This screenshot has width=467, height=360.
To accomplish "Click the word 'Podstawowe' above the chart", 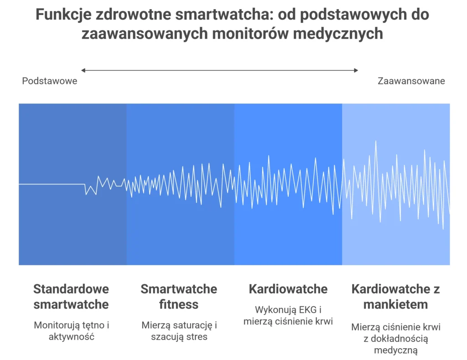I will pyautogui.click(x=50, y=81).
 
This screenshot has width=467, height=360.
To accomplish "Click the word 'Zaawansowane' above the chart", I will pyautogui.click(x=411, y=81).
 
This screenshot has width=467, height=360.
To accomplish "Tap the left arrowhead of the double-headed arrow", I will pyautogui.click(x=83, y=70).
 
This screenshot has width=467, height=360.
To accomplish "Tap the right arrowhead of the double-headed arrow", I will pyautogui.click(x=356, y=70).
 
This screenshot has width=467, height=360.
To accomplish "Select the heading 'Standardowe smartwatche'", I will pyautogui.click(x=71, y=296).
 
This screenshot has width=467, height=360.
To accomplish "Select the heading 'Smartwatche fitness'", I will pyautogui.click(x=179, y=296).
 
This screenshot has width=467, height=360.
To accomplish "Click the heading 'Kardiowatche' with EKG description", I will pyautogui.click(x=288, y=289).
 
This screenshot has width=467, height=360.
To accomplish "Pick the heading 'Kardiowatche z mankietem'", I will pyautogui.click(x=395, y=296).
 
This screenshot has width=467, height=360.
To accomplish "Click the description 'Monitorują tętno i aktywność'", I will pyautogui.click(x=71, y=331).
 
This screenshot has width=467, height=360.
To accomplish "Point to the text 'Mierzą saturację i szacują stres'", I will pyautogui.click(x=179, y=331).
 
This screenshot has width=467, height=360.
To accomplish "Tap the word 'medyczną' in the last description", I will pyautogui.click(x=395, y=350).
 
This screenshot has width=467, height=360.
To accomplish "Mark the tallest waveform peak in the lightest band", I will pyautogui.click(x=376, y=142).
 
